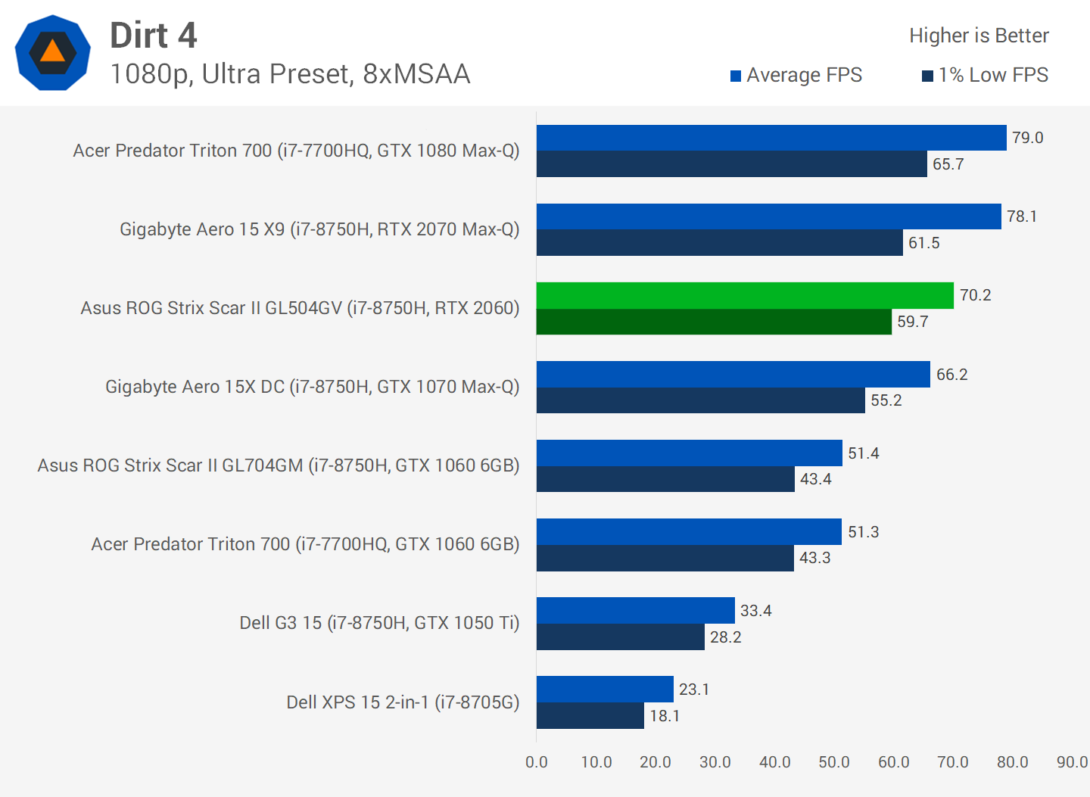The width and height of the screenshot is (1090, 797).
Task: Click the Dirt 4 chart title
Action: pos(154,36)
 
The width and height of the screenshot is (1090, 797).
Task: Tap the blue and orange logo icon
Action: pos(52,53)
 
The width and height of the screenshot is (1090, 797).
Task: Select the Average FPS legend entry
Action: pos(796,75)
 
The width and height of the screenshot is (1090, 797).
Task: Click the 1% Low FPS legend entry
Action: pos(986,75)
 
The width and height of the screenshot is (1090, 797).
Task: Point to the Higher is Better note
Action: pos(979,36)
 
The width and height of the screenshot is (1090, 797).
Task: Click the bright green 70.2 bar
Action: pos(745,295)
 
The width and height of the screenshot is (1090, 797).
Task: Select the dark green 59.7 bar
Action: pos(714,322)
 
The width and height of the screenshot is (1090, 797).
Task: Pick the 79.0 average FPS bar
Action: pos(771,138)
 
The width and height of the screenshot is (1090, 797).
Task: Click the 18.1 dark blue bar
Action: pos(590,716)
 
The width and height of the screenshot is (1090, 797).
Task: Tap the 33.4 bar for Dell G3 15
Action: pos(636,610)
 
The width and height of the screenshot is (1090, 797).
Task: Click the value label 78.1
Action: pos(1022,216)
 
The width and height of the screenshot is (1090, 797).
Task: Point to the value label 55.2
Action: pos(886,400)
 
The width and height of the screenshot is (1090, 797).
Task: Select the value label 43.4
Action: pos(816,479)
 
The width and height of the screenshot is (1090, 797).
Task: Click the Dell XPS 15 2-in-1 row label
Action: pos(403,702)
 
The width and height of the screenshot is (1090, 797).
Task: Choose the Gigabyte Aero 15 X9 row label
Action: pos(319,229)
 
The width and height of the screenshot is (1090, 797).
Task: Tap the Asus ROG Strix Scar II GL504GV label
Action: pos(300,308)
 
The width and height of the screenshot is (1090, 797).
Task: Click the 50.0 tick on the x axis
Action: pos(834,762)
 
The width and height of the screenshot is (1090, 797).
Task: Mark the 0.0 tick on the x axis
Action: pos(537,762)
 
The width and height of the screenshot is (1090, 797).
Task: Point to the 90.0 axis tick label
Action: pos(1072,762)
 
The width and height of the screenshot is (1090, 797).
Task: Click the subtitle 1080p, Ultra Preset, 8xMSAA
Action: pos(290,74)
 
